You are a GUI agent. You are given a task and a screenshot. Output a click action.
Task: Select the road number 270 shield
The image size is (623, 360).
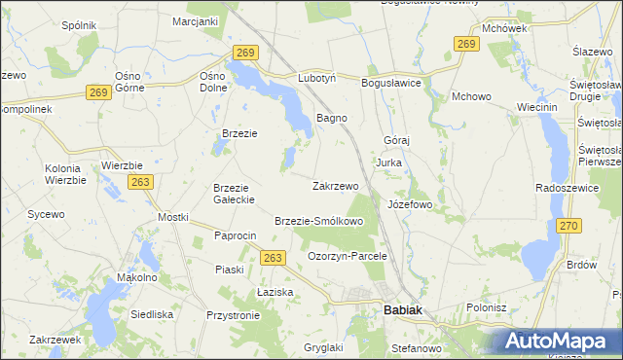point(568,227)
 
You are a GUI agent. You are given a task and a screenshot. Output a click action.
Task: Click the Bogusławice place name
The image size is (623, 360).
point(390,84)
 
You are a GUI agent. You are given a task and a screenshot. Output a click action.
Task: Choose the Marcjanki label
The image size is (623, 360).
point(195,20)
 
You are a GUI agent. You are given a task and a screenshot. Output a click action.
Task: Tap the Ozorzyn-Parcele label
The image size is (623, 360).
point(348,256)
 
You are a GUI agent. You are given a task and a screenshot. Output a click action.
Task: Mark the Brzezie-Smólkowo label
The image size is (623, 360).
point(319,221)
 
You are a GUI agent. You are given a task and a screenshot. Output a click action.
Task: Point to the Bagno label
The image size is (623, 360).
point(332,118)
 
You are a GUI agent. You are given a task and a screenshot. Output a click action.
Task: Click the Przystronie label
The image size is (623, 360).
point(233,315)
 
